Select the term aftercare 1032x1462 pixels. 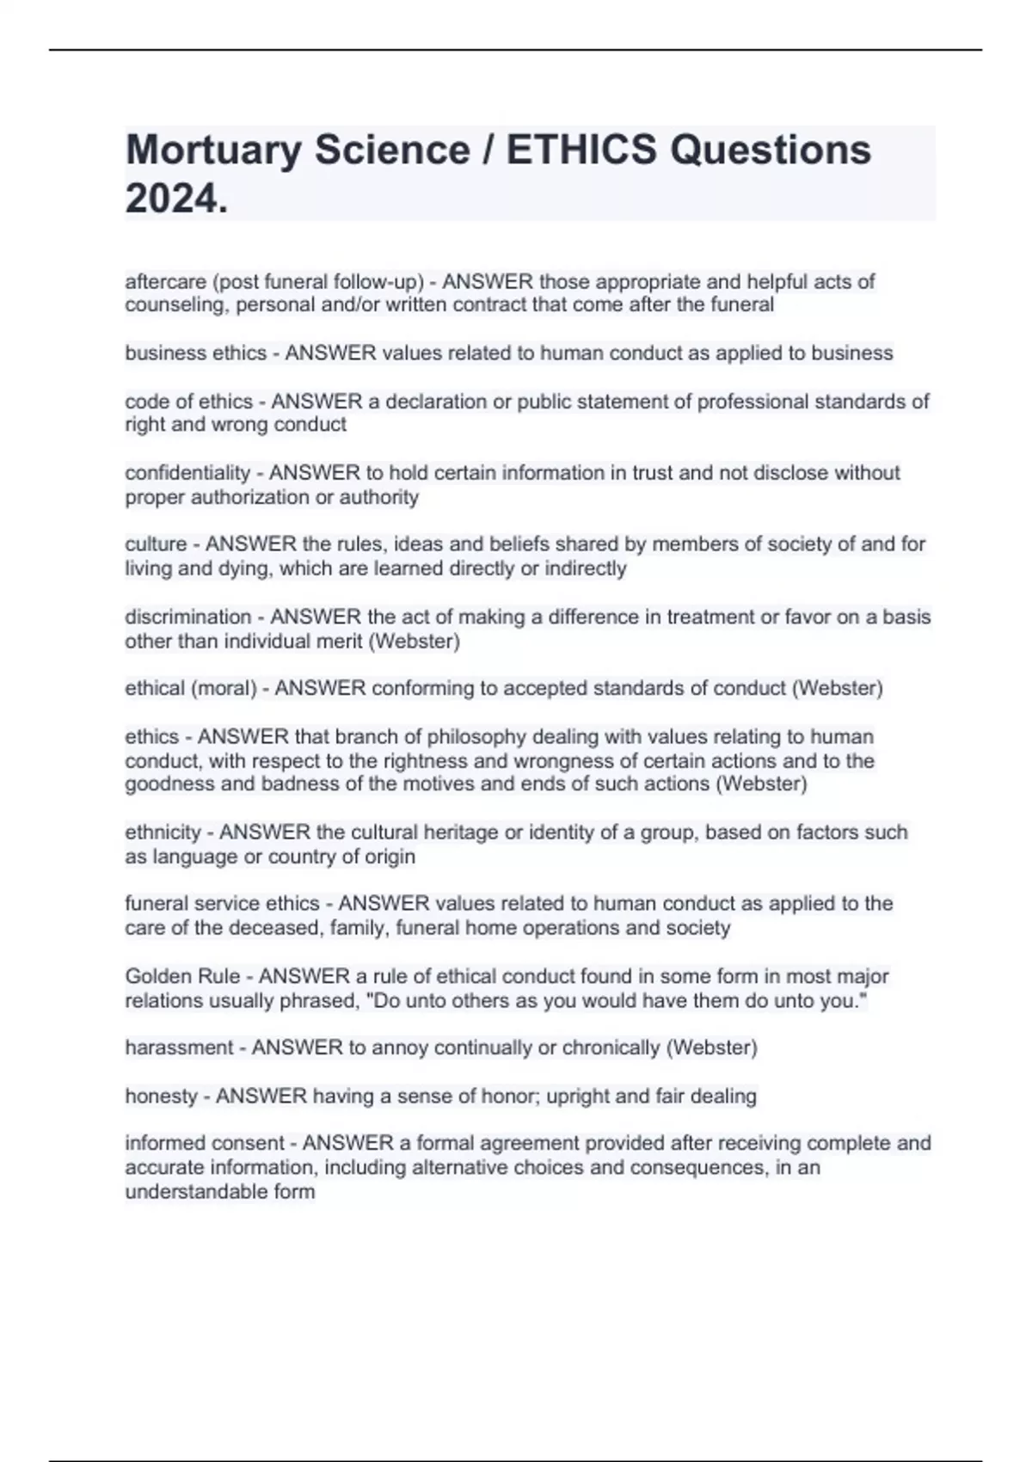click(165, 282)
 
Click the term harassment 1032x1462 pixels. click(179, 1047)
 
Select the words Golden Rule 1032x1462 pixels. click(182, 976)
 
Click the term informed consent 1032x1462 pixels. click(205, 1143)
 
